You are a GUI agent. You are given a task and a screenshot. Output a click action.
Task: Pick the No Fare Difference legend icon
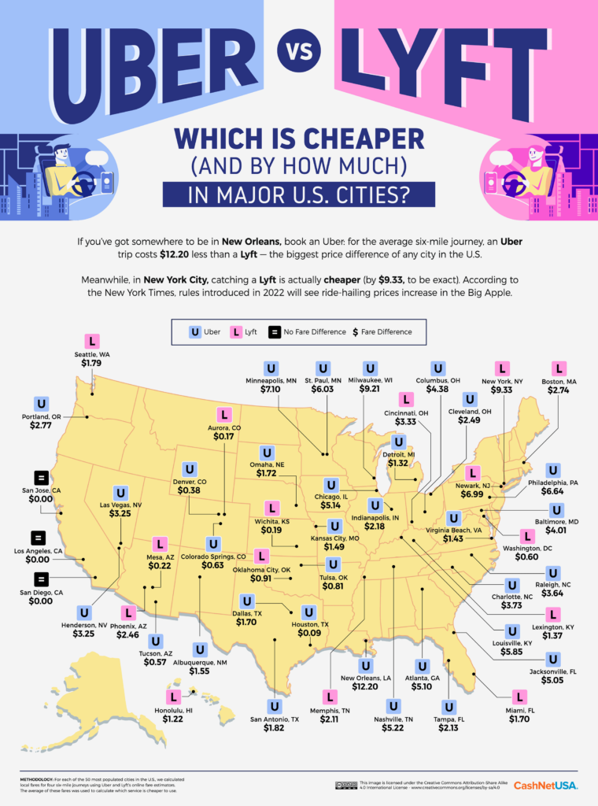275,332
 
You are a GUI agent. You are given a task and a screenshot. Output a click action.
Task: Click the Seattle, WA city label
93,354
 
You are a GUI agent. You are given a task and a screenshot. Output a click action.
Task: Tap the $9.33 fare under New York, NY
502,390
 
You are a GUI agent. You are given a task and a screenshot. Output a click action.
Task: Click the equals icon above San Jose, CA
41,477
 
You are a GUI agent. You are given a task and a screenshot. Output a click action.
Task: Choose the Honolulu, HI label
173,708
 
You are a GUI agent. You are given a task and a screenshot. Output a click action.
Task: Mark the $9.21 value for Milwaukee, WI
370,390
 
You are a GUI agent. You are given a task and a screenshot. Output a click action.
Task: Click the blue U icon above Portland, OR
41,404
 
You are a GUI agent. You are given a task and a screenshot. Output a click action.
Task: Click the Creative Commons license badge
345,785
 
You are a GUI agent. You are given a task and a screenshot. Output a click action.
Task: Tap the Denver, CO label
189,480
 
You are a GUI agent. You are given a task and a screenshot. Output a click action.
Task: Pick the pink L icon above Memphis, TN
330,696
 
